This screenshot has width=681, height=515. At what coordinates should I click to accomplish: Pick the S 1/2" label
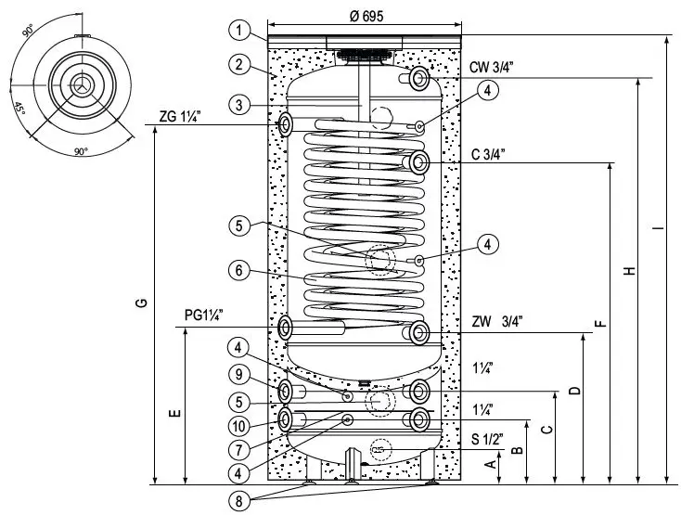pos(487,439)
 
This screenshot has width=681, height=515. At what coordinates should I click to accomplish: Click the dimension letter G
pos(138,306)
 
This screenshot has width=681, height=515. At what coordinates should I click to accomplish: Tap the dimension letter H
pos(629,271)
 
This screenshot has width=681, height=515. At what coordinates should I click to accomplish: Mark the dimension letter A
pos(491,465)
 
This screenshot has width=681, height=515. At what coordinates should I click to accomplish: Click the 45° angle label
pos(19,106)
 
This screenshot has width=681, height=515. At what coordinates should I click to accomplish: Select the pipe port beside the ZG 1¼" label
pos(285,122)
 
